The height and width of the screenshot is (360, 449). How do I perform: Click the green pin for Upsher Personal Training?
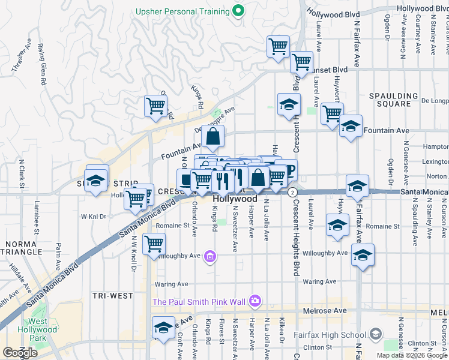point(238,10)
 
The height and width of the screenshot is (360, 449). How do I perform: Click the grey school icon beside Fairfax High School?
point(375,334)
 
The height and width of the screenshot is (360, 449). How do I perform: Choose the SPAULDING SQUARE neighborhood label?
point(393,100)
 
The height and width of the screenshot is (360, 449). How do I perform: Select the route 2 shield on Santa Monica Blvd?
point(292,191)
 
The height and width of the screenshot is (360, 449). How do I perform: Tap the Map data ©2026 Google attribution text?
point(411,355)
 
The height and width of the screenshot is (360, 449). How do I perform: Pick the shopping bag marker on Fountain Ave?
point(213,137)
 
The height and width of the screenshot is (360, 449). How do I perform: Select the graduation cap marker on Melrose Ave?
point(163,328)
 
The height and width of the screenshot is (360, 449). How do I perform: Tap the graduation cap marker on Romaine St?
point(338,226)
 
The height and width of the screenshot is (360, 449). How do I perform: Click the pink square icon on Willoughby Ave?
point(209,257)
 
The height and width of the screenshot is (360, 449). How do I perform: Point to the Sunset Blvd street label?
point(332,69)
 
